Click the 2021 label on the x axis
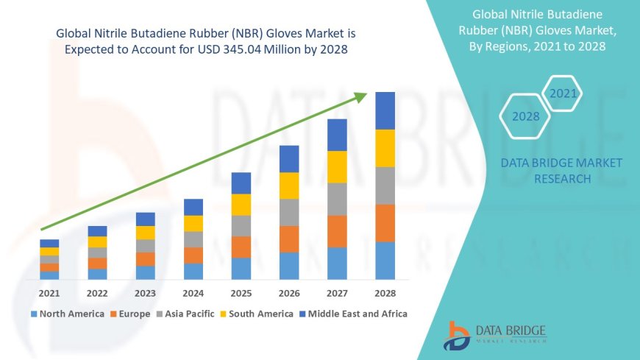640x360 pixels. click(x=49, y=293)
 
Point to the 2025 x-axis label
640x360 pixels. click(x=241, y=293)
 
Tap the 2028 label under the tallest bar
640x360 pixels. click(x=385, y=293)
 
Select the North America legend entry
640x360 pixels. click(x=67, y=314)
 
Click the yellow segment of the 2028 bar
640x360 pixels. click(x=385, y=148)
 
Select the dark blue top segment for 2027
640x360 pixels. click(x=337, y=135)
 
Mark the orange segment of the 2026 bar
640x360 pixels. click(x=289, y=239)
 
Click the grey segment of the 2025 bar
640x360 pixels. click(x=241, y=225)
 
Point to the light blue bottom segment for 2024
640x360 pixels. click(x=193, y=271)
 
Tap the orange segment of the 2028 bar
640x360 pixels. click(x=385, y=223)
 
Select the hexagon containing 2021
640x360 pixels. click(x=563, y=93)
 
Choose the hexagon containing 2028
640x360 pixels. click(x=525, y=116)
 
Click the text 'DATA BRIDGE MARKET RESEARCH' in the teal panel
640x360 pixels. click(x=561, y=171)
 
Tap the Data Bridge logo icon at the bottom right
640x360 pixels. click(x=457, y=336)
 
